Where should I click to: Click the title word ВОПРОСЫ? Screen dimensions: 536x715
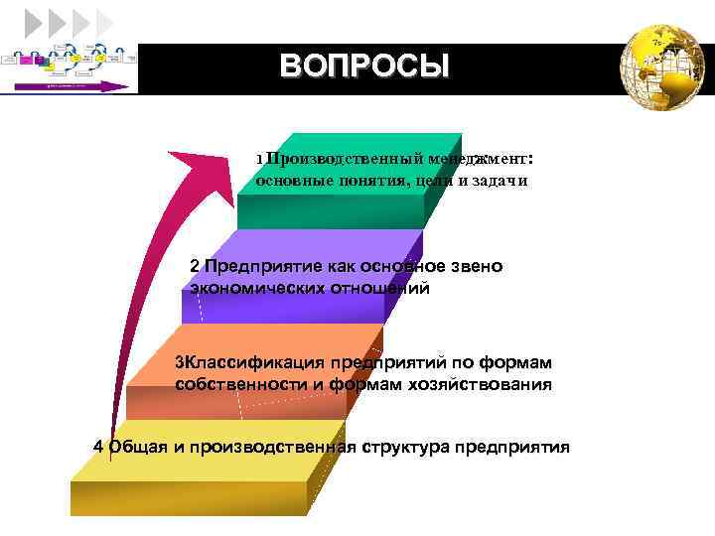pyautogui.click(x=364, y=67)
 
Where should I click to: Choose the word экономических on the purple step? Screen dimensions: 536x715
pyautogui.click(x=254, y=288)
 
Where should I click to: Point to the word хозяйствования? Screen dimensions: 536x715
pyautogui.click(x=485, y=384)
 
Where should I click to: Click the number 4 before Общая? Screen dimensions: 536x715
pyautogui.click(x=97, y=447)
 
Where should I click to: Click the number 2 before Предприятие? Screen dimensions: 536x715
pyautogui.click(x=195, y=266)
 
